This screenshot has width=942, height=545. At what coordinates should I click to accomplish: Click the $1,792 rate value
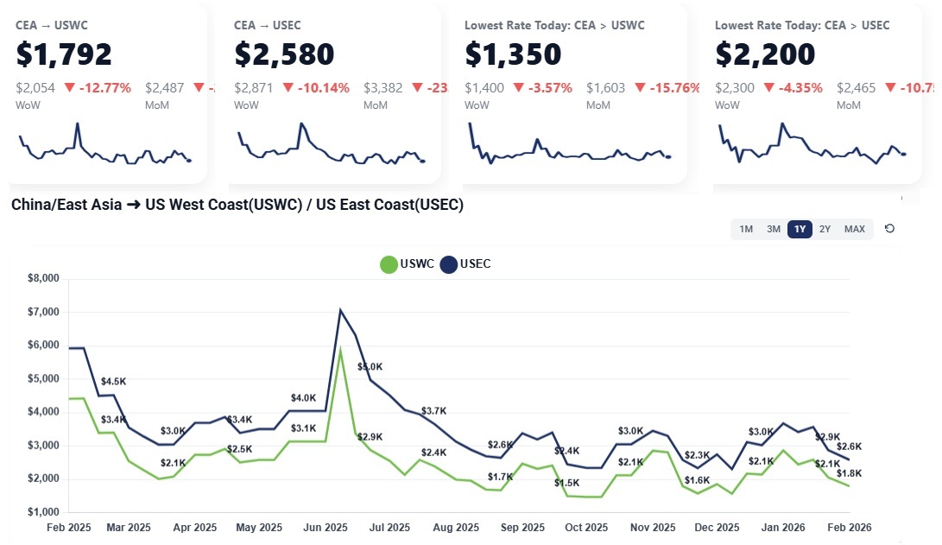tap(64, 54)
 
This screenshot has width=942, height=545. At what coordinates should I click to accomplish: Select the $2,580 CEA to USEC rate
tap(284, 54)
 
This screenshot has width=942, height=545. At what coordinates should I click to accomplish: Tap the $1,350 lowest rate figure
tap(513, 54)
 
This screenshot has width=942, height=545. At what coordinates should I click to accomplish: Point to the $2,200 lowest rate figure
tap(765, 54)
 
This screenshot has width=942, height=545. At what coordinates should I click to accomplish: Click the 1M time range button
tap(747, 229)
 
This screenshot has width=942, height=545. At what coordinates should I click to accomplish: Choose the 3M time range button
tap(774, 229)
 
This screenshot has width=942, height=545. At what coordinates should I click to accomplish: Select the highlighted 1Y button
tap(800, 229)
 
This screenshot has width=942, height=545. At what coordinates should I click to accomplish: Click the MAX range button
tap(854, 229)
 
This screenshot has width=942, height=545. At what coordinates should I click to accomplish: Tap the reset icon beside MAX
tap(889, 229)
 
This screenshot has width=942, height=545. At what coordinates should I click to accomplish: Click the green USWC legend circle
tap(389, 264)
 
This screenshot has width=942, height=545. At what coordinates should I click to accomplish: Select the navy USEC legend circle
tap(449, 264)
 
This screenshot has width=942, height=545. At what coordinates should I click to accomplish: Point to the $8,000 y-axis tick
tap(43, 278)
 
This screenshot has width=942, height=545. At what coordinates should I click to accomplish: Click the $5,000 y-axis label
tap(43, 378)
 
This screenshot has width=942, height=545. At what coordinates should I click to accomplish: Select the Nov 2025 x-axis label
tap(653, 527)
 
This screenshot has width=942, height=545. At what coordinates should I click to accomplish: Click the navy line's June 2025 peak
tap(341, 310)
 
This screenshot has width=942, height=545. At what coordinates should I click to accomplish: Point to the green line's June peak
tap(341, 349)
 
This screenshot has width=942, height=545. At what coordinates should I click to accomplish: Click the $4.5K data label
tap(113, 381)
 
